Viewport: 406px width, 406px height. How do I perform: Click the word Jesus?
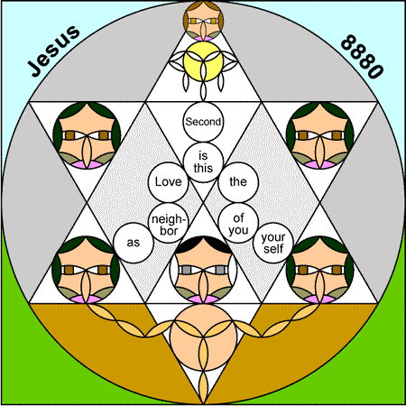(54, 51)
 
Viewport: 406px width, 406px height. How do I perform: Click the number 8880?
(362, 57)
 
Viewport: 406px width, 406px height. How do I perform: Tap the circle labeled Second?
(203, 122)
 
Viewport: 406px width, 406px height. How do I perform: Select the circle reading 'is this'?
(203, 162)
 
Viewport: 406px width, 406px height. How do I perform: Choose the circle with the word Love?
(169, 182)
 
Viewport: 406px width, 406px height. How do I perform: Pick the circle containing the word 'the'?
(238, 182)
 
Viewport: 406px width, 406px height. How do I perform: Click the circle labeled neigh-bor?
(169, 223)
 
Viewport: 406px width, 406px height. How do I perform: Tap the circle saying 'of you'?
(238, 223)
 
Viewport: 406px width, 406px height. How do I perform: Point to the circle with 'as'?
(134, 243)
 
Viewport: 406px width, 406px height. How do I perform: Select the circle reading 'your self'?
(273, 243)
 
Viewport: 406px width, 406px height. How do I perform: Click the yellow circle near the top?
(203, 61)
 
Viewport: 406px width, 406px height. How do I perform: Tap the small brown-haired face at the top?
(203, 21)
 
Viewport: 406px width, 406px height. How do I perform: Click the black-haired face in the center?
(203, 270)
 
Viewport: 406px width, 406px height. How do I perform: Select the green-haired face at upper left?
(87, 135)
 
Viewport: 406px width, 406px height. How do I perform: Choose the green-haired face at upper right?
(320, 135)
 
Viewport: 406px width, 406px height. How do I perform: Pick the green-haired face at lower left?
(86, 270)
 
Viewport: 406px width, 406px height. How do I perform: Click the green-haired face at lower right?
(320, 270)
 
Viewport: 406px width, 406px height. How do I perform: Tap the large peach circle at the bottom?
(203, 337)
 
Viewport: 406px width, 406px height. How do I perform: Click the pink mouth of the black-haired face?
(203, 300)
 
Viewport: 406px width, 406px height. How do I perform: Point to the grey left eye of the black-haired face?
(187, 270)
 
